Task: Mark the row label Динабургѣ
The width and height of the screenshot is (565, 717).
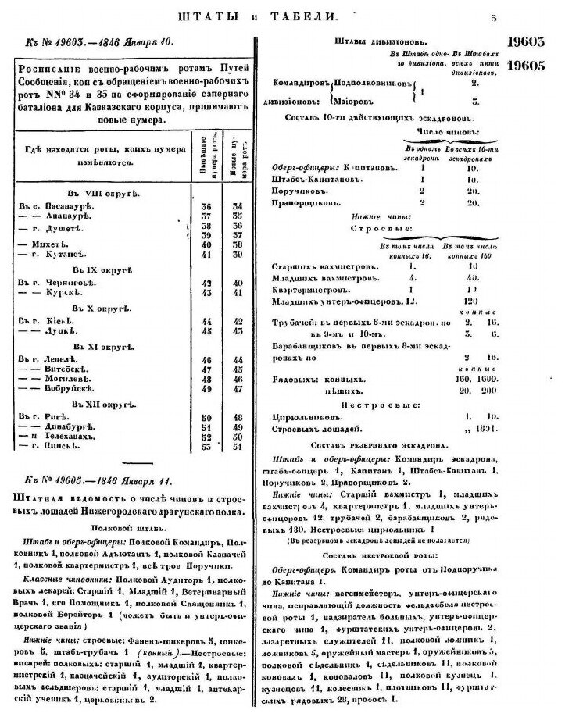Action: click(68, 427)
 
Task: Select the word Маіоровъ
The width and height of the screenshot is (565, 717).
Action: click(359, 101)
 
